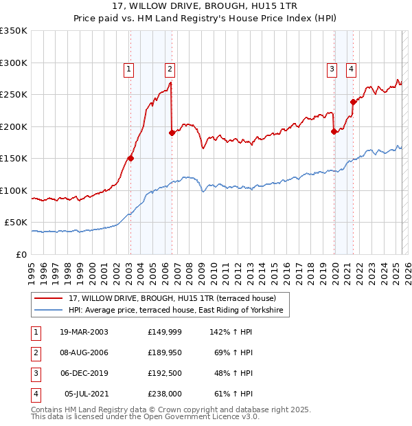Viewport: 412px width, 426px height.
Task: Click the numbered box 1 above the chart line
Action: coord(129,69)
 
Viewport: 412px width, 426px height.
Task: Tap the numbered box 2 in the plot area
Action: coord(169,69)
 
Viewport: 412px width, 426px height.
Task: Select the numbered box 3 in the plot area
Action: coord(332,69)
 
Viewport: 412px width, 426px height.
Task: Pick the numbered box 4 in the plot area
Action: coord(351,69)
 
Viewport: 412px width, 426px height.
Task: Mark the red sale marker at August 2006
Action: coord(171,133)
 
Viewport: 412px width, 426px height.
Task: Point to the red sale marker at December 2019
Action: coord(334,131)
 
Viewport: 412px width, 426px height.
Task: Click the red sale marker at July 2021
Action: coord(353,102)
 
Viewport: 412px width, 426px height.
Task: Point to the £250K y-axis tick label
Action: coord(14,95)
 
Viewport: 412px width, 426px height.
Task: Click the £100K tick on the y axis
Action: coord(14,190)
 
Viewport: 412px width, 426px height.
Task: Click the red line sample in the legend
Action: coord(48,299)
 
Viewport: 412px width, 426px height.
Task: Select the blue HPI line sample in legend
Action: coord(48,311)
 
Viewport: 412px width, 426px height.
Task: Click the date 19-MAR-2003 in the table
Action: coord(84,332)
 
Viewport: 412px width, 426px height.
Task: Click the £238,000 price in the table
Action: coord(165,394)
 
